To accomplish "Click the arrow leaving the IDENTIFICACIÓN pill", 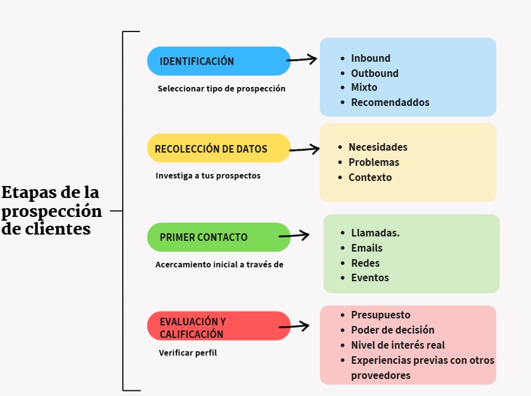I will coord(302,59).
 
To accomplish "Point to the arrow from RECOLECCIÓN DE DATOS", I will coord(305,149).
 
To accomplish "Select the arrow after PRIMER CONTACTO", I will coord(300,236).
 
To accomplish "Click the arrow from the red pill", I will coord(294,327).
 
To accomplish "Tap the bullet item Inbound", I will coord(370,58).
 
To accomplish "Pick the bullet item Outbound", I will coord(374,73).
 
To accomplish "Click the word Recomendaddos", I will coord(390,102).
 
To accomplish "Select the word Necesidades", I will coord(378,147).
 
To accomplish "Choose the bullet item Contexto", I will coord(370,177).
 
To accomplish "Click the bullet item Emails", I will coord(367,248).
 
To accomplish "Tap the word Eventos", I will coord(370,277).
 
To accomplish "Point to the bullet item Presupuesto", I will coord(380,315).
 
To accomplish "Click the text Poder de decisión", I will coord(392,330).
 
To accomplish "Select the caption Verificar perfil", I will coord(188,353).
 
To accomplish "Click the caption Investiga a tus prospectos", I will coord(208,175).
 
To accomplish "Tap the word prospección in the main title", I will coord(52,210).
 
